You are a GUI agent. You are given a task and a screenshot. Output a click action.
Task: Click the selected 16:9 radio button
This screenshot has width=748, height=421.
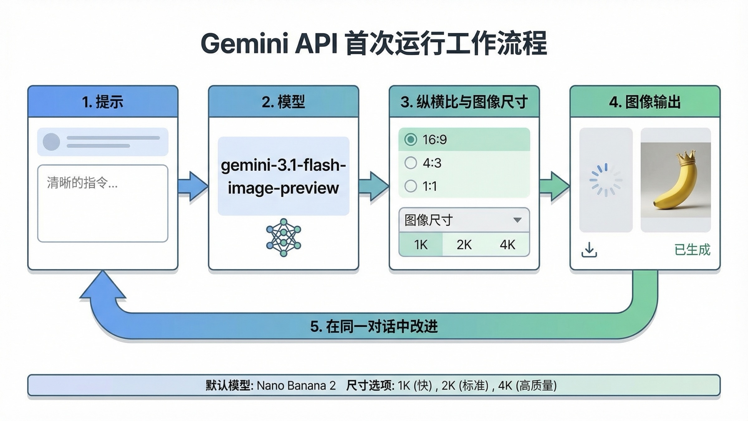point(410,139)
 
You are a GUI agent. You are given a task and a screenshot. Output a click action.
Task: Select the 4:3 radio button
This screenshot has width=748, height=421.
point(410,163)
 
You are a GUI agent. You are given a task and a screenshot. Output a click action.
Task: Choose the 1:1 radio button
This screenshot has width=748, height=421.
point(410,186)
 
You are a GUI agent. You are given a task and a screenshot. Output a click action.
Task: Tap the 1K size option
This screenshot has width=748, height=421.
point(421,245)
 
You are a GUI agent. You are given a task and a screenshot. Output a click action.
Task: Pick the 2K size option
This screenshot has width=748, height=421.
point(464,245)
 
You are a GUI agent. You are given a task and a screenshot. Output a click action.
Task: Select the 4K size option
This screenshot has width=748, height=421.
point(507,245)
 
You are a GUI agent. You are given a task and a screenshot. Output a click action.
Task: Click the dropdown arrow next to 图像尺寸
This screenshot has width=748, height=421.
point(517,220)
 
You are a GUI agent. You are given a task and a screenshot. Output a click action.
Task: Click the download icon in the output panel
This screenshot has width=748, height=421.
point(589,250)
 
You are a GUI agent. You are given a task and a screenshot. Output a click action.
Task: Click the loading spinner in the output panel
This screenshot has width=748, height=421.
point(606,180)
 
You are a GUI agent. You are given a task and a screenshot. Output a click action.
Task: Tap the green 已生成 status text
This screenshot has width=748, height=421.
point(692,250)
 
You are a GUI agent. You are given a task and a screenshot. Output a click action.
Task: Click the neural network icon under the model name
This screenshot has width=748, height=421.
point(283,238)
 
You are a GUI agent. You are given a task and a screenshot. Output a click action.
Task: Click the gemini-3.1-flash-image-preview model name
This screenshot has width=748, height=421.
point(283,176)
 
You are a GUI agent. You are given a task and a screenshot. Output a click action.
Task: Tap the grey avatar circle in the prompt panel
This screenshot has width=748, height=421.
point(51,142)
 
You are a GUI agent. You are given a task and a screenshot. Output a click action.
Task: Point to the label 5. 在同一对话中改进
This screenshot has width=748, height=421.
point(374,327)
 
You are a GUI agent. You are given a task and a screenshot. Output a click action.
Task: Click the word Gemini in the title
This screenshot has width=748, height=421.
point(244,44)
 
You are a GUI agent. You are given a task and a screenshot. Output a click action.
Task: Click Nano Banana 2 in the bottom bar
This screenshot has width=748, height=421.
point(296,386)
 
